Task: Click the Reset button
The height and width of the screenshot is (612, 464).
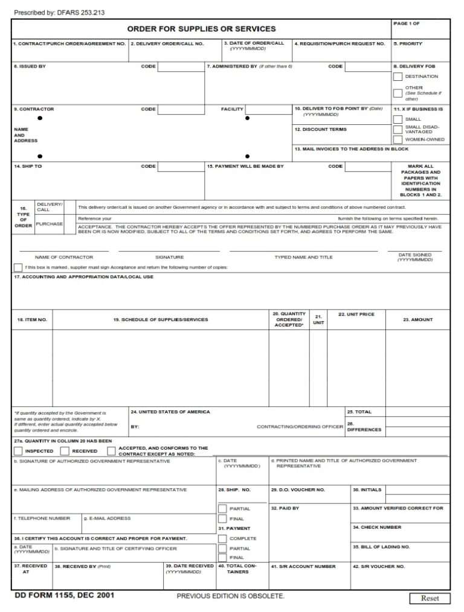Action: coord(430,598)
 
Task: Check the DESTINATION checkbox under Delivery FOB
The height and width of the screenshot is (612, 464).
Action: coord(398,77)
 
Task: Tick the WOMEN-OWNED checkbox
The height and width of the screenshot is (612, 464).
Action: coord(398,139)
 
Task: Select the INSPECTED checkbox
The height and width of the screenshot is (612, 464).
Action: coord(18,451)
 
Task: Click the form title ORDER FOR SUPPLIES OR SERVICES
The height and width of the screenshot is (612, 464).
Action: coord(201,29)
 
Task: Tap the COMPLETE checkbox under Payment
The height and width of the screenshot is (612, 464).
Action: coord(223,538)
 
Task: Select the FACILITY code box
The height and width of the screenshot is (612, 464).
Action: coord(263,109)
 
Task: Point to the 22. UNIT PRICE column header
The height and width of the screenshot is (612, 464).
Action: coord(356,314)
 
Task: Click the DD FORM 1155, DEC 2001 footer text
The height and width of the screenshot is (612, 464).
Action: coord(64,595)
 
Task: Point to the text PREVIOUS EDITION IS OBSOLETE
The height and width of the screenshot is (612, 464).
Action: coord(230,596)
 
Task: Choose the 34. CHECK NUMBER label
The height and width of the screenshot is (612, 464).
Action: coord(377,527)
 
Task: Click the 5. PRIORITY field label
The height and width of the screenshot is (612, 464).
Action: coord(408,43)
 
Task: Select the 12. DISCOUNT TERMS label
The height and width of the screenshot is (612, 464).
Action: coord(320,129)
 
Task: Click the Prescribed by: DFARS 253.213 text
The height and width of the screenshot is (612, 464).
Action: coord(59,12)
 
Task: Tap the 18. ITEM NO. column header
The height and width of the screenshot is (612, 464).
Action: coord(32,319)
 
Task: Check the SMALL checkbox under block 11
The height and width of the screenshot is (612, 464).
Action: coord(398,119)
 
